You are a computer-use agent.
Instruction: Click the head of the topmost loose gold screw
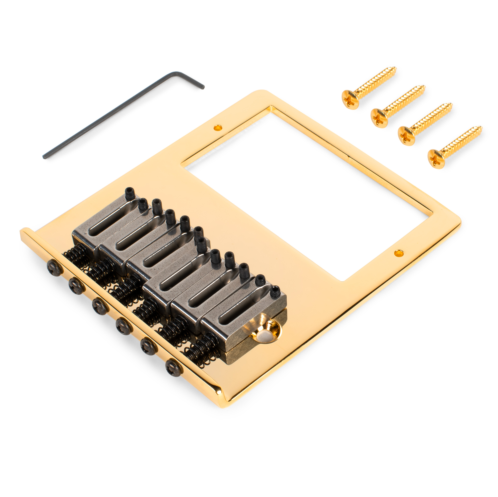coord(350,100)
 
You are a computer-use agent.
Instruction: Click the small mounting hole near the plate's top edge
coord(218,127)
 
